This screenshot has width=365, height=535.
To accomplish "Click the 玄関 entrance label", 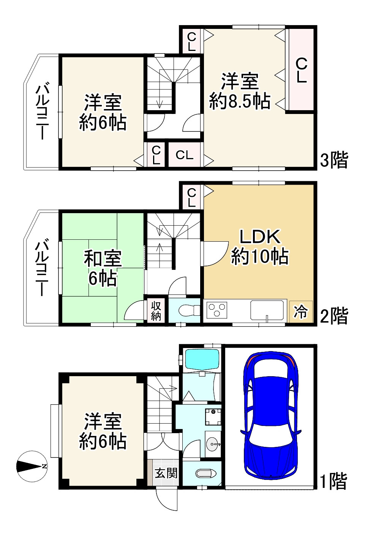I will point(166,473).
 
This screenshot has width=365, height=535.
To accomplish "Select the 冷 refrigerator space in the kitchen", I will point(301,312).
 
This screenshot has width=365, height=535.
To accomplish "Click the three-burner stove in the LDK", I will point(217,310).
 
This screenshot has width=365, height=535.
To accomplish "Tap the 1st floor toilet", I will point(205,473).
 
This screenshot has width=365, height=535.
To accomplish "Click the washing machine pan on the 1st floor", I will point(213,417).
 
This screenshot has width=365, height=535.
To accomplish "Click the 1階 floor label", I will point(333,481).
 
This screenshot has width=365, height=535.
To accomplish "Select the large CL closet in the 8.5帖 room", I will point(301,70).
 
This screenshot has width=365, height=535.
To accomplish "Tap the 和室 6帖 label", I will point(103,268).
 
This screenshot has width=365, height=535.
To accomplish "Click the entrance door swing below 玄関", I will point(166,499).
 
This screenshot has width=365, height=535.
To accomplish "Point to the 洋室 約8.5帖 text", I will point(240,91).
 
